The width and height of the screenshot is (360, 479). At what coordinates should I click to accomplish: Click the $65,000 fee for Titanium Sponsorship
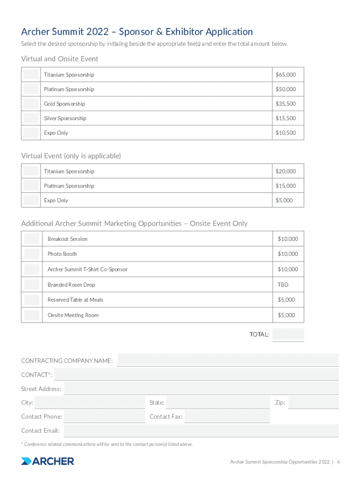[x=285, y=75]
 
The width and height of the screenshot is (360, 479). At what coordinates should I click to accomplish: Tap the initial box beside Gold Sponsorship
[x=31, y=104]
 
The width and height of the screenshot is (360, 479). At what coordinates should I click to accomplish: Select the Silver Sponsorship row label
[x=65, y=118]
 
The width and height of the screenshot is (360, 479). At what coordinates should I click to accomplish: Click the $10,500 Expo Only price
[x=285, y=133]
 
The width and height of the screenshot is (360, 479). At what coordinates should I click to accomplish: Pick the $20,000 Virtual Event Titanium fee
[x=285, y=172]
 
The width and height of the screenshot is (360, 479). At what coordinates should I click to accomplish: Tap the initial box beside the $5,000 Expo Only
[x=31, y=201]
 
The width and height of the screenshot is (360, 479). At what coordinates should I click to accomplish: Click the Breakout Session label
[x=67, y=239]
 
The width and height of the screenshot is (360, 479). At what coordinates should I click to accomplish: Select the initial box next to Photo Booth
[x=32, y=254]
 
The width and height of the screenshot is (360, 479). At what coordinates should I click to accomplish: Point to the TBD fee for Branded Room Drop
[x=283, y=285]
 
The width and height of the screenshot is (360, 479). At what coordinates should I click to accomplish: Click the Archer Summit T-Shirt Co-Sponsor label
[x=87, y=269]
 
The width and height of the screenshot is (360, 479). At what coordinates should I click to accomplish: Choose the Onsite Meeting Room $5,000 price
[x=286, y=315]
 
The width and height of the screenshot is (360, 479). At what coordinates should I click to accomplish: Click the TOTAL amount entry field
[x=288, y=334]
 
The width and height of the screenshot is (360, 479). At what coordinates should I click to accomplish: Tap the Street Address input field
[x=201, y=389]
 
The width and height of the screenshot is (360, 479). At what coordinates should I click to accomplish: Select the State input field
[x=217, y=403]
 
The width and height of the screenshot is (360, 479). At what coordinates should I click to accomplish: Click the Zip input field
[x=313, y=403]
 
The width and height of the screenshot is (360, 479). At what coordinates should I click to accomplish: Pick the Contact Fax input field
[x=227, y=417]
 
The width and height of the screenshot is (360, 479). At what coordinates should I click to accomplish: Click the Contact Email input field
[x=201, y=431]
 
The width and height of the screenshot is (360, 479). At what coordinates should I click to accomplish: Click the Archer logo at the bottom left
[x=48, y=461]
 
